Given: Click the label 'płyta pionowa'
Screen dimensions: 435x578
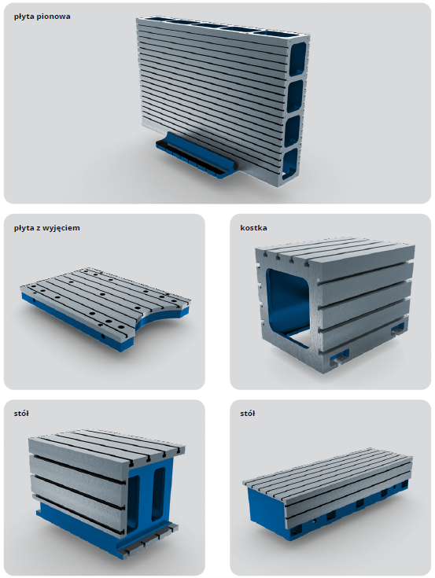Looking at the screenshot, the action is [42, 17].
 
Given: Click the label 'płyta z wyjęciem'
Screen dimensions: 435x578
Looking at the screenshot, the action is [47, 228].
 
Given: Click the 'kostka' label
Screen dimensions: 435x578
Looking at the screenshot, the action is [253, 228].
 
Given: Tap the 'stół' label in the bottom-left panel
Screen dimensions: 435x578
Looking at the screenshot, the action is [21, 413].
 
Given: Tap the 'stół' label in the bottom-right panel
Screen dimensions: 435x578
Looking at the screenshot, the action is [247, 413].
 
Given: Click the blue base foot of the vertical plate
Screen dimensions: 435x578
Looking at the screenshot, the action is [195, 155].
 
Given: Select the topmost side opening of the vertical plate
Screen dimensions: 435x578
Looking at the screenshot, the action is [298, 59].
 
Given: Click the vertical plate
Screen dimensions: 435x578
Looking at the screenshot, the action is [223, 100].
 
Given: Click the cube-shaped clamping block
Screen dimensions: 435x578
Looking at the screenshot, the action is [335, 304].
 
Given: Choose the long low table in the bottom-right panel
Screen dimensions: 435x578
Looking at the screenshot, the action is [327, 494].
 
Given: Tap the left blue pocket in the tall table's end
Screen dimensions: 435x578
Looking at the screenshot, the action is [134, 503].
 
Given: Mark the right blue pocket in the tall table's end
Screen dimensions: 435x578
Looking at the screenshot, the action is [159, 494].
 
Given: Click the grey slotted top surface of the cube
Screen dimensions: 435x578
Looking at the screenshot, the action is [335, 251].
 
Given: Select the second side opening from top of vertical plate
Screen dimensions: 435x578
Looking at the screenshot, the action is [295, 96].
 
